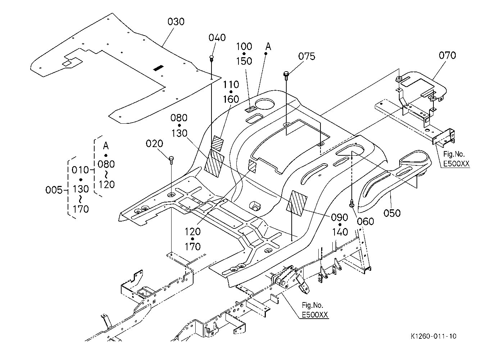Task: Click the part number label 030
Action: pos(176,22)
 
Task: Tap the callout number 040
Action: pos(217,37)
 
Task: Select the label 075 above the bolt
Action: pos(306,56)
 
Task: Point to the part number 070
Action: pos(447,55)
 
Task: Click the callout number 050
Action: pos(392,213)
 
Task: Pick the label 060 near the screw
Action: pos(365,222)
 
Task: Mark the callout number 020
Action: pos(154,144)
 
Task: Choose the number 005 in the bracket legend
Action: pos(54,190)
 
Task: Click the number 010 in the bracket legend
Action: pos(80,170)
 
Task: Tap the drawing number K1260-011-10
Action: pos(433,336)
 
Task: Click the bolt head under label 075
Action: pos(286,74)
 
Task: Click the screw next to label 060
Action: pos(352,204)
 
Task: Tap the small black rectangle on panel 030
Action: pos(158,68)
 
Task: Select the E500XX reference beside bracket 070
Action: pos(456,164)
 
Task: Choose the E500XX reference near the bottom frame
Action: pos(315,315)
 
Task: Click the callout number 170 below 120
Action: pos(192,247)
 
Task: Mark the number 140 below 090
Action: pos(340,232)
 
